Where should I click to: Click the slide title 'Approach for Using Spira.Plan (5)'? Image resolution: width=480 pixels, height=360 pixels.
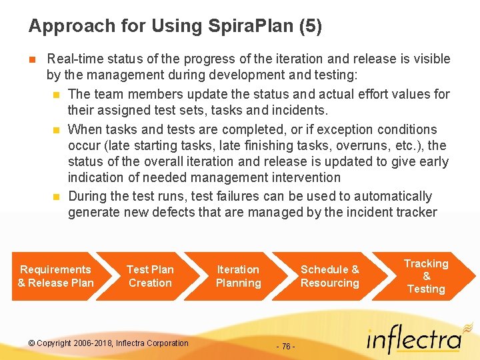[175, 27]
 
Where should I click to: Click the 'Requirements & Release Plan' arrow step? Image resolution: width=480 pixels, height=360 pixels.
[55, 276]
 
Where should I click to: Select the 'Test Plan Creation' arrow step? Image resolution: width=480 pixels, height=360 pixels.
[150, 276]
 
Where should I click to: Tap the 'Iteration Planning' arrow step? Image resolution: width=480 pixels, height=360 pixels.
[238, 276]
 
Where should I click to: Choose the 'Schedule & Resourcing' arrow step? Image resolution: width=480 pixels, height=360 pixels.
[329, 276]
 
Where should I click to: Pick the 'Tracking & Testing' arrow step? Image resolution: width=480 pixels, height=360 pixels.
[426, 276]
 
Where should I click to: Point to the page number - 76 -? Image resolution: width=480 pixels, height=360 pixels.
[285, 347]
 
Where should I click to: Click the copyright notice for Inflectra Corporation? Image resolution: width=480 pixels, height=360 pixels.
[109, 343]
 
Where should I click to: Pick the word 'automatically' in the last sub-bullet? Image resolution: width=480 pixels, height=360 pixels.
[393, 196]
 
